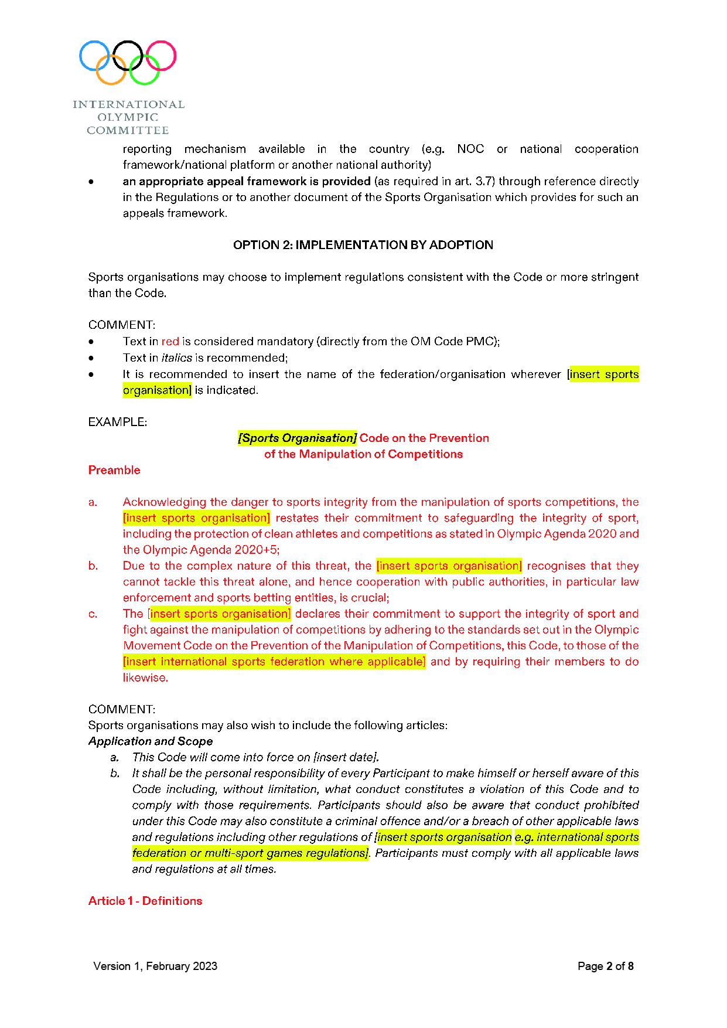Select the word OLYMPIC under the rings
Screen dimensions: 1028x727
pos(128,117)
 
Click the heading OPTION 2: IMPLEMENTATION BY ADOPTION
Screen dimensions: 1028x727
pos(363,245)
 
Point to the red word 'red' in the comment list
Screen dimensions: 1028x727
pos(170,342)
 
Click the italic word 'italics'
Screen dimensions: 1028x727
pos(177,358)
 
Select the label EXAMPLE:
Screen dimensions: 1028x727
pos(118,422)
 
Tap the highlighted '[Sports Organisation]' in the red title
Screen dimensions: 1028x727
pos(297,438)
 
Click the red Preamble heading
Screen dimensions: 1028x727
pos(114,470)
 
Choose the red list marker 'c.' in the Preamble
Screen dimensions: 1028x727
pos(93,614)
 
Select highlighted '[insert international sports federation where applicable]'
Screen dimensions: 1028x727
pos(274,662)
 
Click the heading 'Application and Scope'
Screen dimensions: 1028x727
pos(151,741)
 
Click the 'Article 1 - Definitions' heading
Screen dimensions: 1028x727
pos(145,901)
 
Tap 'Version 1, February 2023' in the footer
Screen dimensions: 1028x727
pos(155,966)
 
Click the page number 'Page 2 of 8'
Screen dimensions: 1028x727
pos(605,966)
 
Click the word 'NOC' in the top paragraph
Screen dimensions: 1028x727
pos(470,149)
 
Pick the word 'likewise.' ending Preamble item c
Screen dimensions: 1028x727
pos(145,678)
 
